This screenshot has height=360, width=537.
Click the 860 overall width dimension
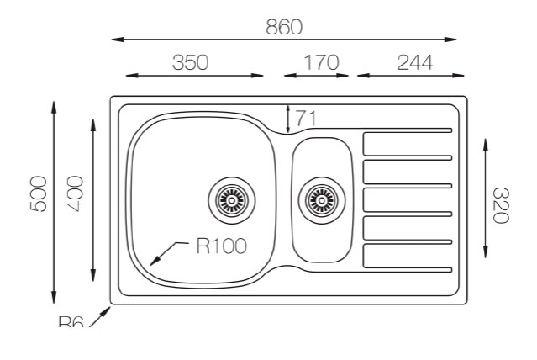pyautogui.click(x=283, y=27)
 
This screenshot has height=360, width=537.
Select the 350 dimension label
pyautogui.click(x=190, y=63)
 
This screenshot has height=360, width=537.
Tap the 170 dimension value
pyautogui.click(x=320, y=63)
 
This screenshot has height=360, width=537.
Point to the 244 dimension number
pyautogui.click(x=414, y=63)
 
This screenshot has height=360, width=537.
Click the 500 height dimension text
pyautogui.click(x=38, y=194)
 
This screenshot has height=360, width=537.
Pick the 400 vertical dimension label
pyautogui.click(x=75, y=194)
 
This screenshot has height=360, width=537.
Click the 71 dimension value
pyautogui.click(x=306, y=119)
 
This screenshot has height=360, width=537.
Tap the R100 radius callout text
pyautogui.click(x=221, y=246)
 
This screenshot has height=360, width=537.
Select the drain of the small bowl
pyautogui.click(x=321, y=199)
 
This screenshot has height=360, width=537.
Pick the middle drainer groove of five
pyautogui.click(x=408, y=199)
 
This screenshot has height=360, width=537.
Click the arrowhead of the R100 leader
pyautogui.click(x=153, y=262)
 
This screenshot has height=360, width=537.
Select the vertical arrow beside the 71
pyautogui.click(x=288, y=119)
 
